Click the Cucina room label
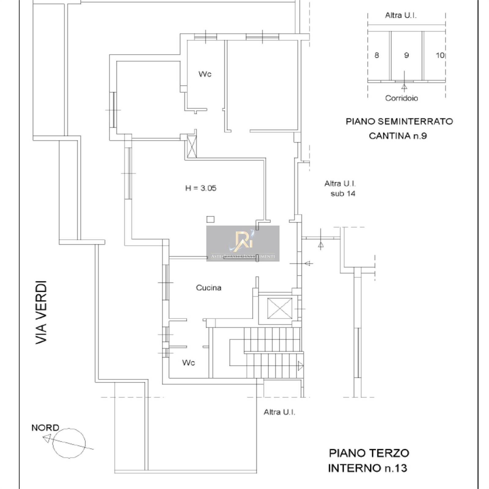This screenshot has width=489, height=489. click(208, 288)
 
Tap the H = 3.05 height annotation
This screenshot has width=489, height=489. click(201, 188)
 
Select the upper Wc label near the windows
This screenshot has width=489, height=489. click(205, 74)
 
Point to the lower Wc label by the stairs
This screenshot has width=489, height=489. click(189, 362)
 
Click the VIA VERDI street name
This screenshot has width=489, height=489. click(41, 313)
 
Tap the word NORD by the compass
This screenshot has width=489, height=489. click(45, 428)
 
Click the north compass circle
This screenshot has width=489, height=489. click(69, 443)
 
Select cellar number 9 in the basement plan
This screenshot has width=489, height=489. click(406, 55)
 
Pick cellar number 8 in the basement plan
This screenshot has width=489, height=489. click(377, 55)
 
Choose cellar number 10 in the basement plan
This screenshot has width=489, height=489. click(440, 55)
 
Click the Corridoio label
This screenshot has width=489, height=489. click(402, 98)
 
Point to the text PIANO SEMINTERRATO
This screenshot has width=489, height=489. click(399, 121)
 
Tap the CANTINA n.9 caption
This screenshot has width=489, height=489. click(398, 136)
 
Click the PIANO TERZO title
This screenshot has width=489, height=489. click(369, 453)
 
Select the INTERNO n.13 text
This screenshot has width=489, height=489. click(368, 468)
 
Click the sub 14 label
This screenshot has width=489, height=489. click(343, 193)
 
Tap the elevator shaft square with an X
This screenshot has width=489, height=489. click(280, 308)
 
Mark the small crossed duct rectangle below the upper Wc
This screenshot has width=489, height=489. click(192, 147)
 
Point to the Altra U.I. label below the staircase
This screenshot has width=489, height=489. click(279, 412)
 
